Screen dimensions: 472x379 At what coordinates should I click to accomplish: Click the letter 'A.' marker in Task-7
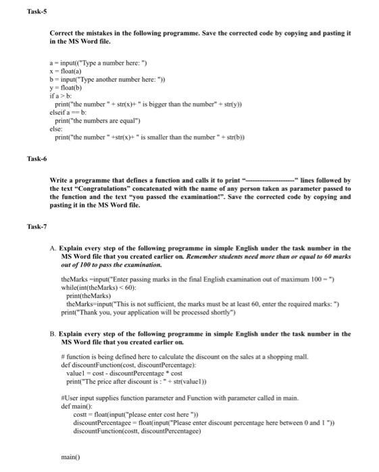tap(53, 248)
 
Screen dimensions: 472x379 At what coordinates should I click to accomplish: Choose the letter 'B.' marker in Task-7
tap(53, 333)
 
